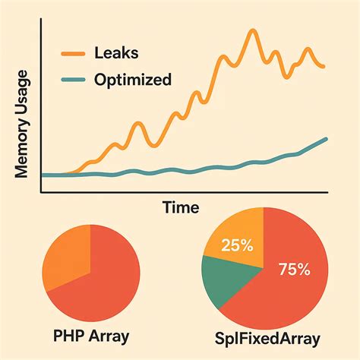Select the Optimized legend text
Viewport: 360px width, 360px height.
[x=133, y=79]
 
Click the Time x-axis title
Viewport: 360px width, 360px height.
[x=181, y=207]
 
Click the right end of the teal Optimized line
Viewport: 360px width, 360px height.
[x=327, y=139]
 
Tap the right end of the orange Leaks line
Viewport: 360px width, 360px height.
[x=325, y=67]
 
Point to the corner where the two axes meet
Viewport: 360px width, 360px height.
[x=40, y=193]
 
